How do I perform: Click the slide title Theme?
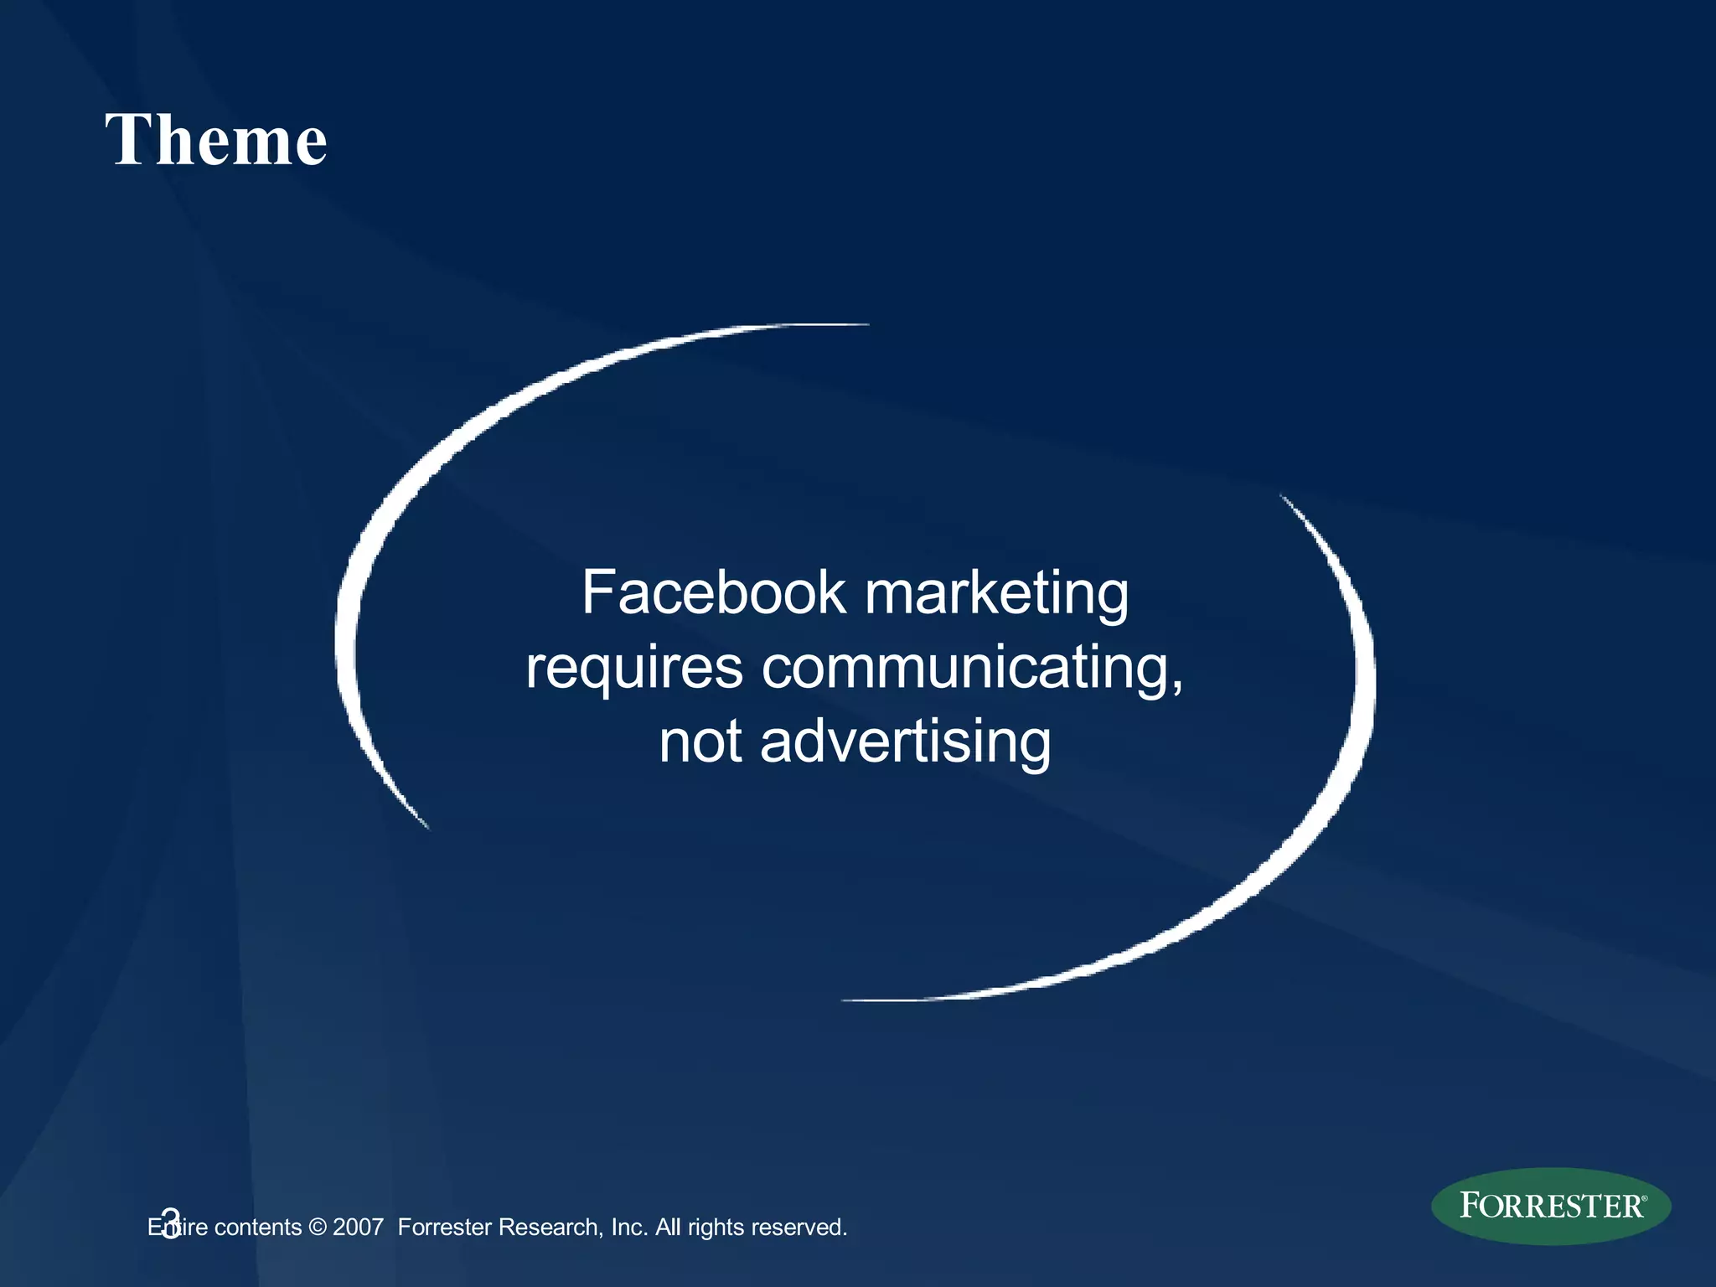pyautogui.click(x=216, y=139)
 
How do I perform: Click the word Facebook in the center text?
pyautogui.click(x=714, y=592)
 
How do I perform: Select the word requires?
pyautogui.click(x=634, y=669)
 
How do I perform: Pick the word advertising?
pyautogui.click(x=905, y=742)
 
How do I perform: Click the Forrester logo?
pyautogui.click(x=1550, y=1206)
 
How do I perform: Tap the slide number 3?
pyautogui.click(x=170, y=1223)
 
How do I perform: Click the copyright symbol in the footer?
pyautogui.click(x=318, y=1228)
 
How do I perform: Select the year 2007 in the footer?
pyautogui.click(x=358, y=1228)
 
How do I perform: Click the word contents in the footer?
pyautogui.click(x=258, y=1228)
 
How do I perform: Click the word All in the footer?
pyautogui.click(x=668, y=1228)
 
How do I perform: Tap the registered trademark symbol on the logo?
pyautogui.click(x=1644, y=1198)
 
